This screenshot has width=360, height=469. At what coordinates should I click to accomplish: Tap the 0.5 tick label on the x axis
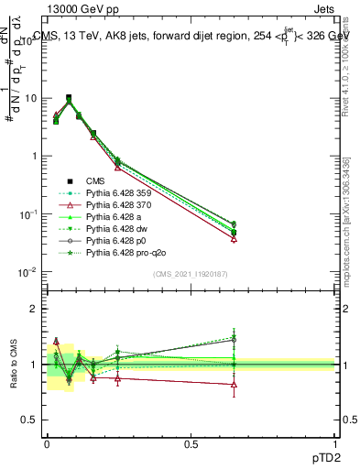191,443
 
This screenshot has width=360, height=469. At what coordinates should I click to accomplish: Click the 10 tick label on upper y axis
30,98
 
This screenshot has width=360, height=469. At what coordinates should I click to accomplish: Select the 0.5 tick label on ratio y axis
29,420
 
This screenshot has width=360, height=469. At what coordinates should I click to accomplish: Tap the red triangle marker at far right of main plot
235,238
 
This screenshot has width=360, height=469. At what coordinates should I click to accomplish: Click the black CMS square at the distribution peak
69,97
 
